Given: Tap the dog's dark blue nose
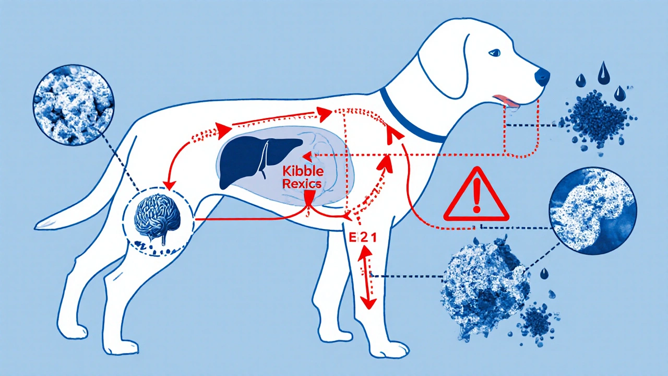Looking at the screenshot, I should click(x=543, y=77).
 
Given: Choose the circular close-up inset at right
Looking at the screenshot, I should click(x=592, y=211).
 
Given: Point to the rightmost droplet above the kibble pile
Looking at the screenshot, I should click(x=619, y=93).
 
